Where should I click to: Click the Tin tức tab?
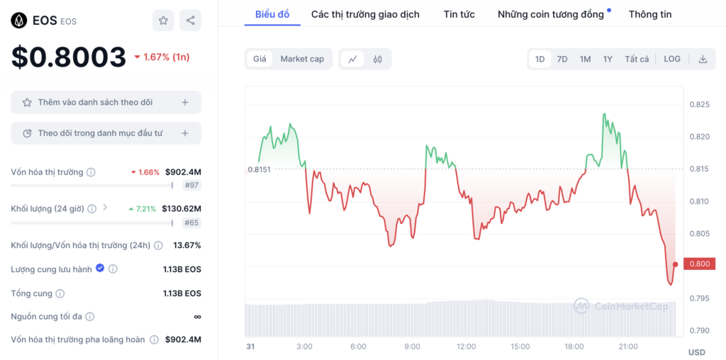click(x=459, y=14)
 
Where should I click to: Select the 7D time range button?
click(x=562, y=60)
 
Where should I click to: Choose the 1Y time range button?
click(x=608, y=60)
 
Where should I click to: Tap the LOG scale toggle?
click(x=672, y=60)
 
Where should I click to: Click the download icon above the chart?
click(x=703, y=60)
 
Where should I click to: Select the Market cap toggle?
click(x=302, y=60)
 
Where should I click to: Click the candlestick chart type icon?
click(x=377, y=60)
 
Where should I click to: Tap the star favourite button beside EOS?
click(x=163, y=21)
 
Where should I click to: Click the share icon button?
click(x=190, y=21)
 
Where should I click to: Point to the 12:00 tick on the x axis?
click(x=466, y=347)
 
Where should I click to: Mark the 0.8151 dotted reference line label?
click(x=259, y=169)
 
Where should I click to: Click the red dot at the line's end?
click(x=676, y=264)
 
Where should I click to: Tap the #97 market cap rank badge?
click(x=191, y=186)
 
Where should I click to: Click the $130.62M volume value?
click(x=181, y=208)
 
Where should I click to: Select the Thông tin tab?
click(x=650, y=14)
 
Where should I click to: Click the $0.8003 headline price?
click(x=69, y=57)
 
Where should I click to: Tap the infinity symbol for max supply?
click(x=198, y=317)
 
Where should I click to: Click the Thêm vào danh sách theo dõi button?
click(x=106, y=102)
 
